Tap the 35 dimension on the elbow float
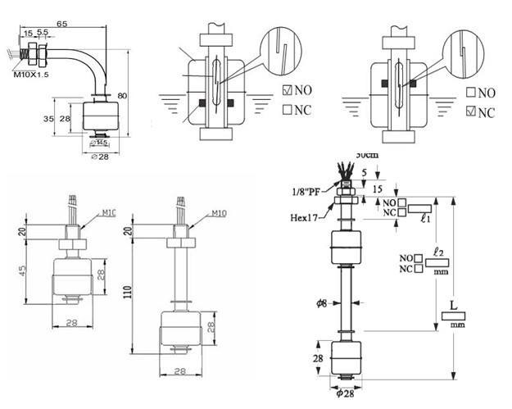pos(50,119)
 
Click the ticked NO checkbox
pos(287,90)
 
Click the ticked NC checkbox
pos(470,111)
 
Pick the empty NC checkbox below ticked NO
pos(287,108)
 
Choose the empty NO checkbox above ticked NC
pos(470,93)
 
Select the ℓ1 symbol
pos(424,219)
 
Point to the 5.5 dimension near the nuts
pos(43,33)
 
